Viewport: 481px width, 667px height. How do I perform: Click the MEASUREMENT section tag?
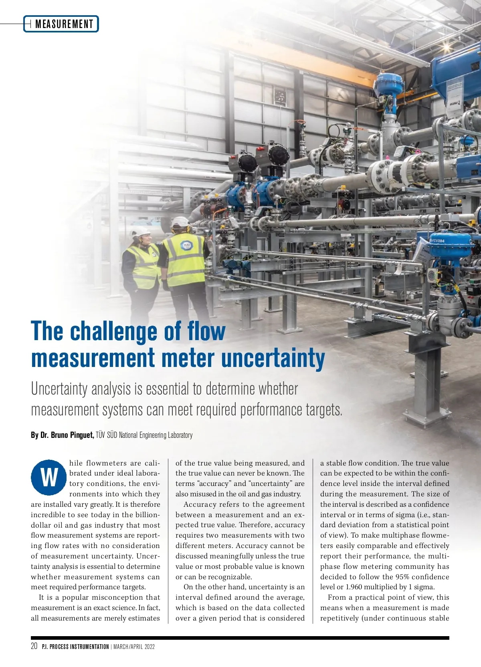tap(64, 24)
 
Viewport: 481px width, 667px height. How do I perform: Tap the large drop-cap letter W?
tap(49, 477)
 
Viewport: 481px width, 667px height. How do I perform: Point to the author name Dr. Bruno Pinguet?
tap(67, 435)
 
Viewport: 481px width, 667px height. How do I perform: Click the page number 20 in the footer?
tap(34, 646)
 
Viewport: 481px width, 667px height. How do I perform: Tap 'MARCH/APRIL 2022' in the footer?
tap(134, 647)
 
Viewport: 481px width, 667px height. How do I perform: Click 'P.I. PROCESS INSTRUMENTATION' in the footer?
tap(75, 647)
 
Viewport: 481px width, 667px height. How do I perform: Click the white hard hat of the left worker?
tap(140, 232)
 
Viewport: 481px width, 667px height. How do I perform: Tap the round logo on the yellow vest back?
tap(186, 246)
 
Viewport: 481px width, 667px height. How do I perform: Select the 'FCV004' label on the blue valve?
tap(437, 241)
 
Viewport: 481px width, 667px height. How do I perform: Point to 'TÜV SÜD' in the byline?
tap(106, 435)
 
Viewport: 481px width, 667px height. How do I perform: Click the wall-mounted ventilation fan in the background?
tap(280, 97)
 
